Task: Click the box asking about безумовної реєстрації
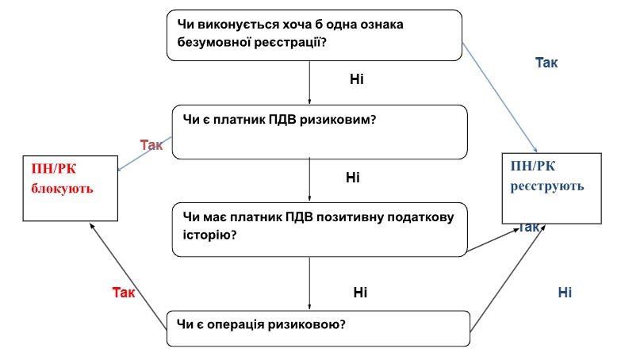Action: click(x=314, y=35)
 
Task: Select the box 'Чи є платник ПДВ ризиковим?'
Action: click(x=320, y=132)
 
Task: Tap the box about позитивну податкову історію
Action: click(x=320, y=230)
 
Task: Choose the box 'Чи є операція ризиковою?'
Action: click(x=318, y=328)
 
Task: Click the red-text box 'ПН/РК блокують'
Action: click(x=71, y=188)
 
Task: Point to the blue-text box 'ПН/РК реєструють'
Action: click(x=552, y=188)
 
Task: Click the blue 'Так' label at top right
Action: click(x=546, y=63)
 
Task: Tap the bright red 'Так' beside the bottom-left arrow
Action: click(x=124, y=293)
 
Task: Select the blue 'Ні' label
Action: click(x=565, y=293)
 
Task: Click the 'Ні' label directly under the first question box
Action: click(x=356, y=79)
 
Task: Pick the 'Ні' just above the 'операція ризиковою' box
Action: click(x=360, y=293)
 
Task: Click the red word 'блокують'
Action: click(x=62, y=189)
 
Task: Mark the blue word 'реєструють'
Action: click(x=547, y=186)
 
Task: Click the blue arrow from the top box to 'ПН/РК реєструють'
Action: click(x=500, y=97)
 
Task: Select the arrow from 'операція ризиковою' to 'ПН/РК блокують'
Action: click(x=128, y=276)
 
